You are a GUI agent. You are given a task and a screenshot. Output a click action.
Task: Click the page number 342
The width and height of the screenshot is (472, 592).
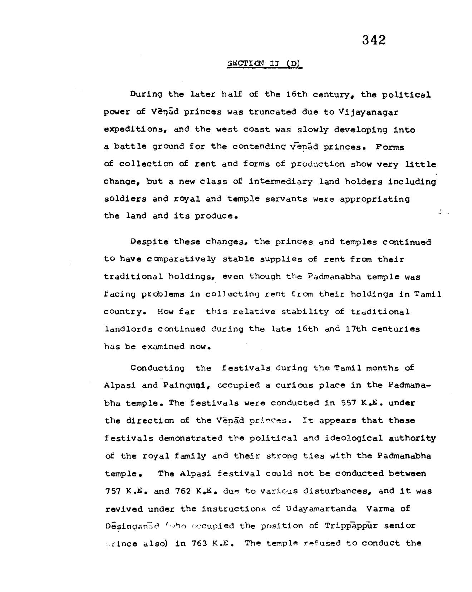(374, 40)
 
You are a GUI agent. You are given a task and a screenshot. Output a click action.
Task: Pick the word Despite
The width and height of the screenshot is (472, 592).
(149, 241)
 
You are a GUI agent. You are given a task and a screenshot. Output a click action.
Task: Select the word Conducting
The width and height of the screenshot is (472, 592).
(157, 368)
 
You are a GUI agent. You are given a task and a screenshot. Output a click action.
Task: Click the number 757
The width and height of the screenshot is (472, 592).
(114, 491)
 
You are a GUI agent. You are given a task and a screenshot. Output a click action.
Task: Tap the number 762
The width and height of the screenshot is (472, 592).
(184, 491)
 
